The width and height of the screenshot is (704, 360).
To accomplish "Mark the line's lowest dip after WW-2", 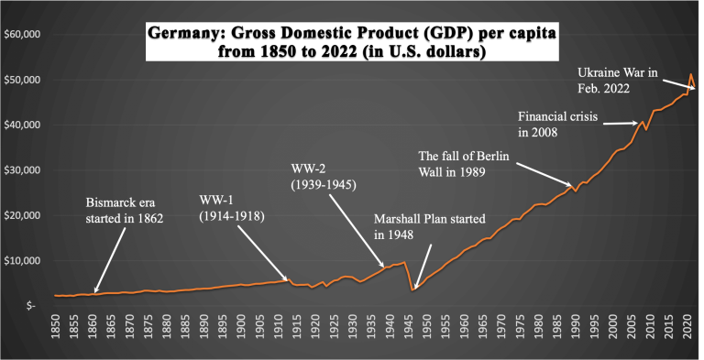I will pyautogui.click(x=413, y=289).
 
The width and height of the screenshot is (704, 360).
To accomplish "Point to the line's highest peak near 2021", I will pyautogui.click(x=690, y=75).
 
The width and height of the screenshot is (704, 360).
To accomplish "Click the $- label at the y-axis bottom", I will pyautogui.click(x=30, y=305).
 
